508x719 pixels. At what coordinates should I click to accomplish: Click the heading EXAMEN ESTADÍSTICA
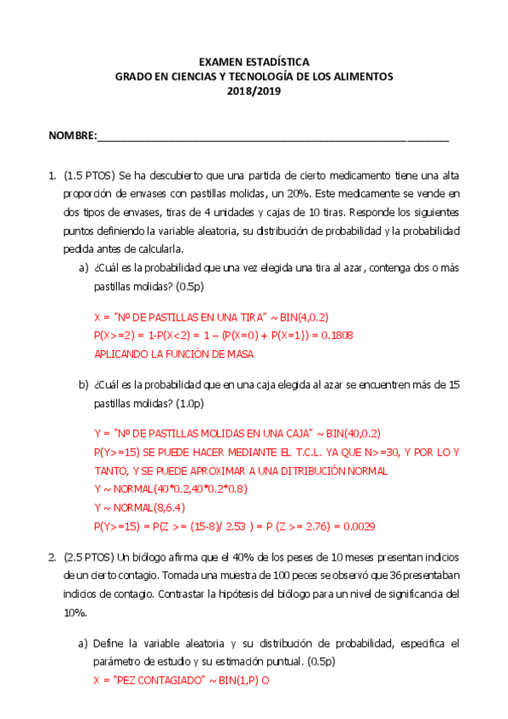(x=254, y=62)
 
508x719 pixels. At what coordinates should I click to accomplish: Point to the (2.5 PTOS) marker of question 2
(x=90, y=557)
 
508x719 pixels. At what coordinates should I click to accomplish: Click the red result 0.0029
(x=360, y=526)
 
